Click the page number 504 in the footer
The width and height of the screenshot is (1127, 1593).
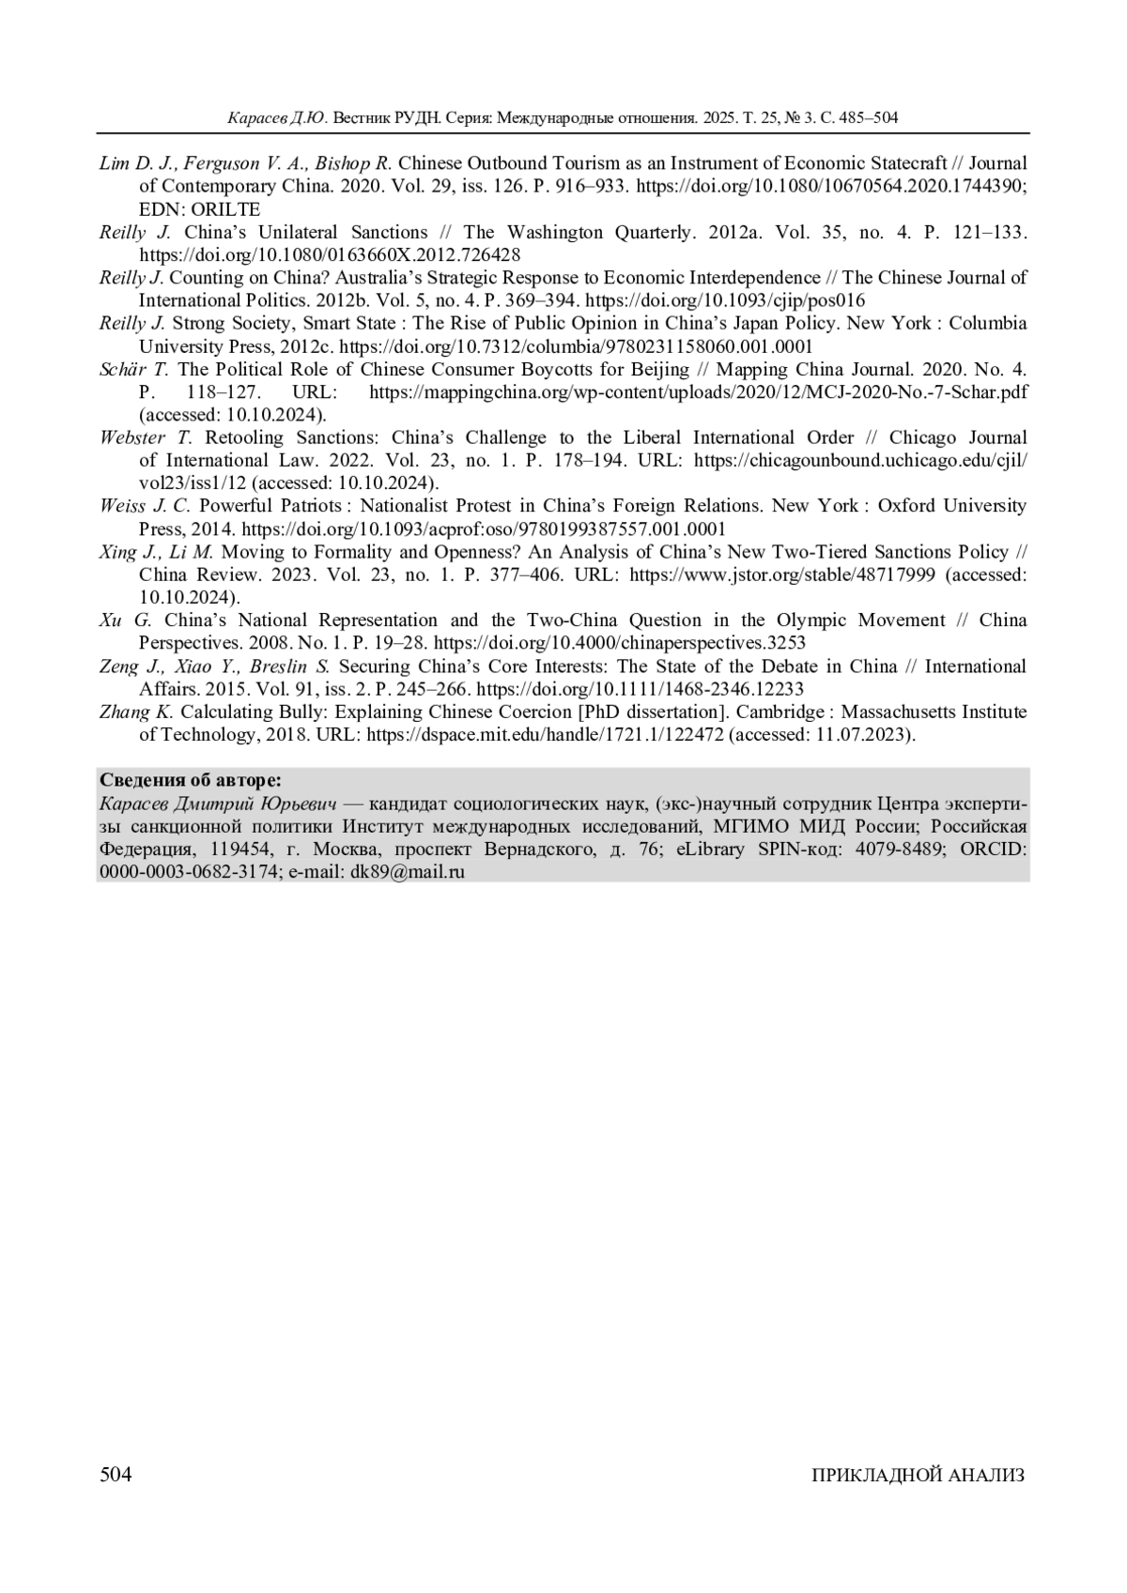click(x=116, y=1475)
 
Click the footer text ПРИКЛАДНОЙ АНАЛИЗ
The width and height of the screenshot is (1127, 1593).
click(x=918, y=1476)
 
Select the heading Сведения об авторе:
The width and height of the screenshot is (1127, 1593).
click(x=191, y=781)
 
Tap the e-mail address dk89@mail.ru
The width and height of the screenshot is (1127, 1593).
click(x=409, y=871)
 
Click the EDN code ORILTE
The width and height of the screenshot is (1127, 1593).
click(x=225, y=209)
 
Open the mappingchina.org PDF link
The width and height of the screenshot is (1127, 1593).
click(x=698, y=391)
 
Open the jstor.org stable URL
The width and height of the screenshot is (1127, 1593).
click(x=781, y=574)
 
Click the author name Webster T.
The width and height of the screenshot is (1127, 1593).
click(x=146, y=437)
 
